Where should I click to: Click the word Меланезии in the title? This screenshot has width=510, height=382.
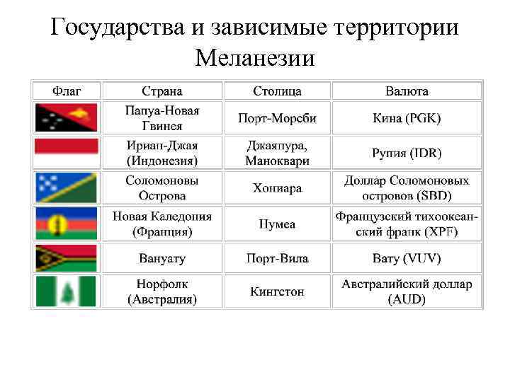pos(254,57)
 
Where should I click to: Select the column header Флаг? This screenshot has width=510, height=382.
pos(67,91)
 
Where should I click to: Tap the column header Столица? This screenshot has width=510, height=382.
pos(277,91)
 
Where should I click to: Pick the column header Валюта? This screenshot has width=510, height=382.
pos(407,91)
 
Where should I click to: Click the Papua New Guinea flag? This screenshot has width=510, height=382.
pos(67,118)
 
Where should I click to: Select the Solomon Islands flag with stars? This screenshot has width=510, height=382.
pos(67,187)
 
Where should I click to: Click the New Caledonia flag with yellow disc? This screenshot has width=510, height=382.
pos(67,224)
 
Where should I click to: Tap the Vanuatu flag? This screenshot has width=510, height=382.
pos(67,258)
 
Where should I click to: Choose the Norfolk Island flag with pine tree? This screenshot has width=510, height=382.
pos(67,291)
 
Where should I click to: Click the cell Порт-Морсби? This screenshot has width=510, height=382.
pos(277,118)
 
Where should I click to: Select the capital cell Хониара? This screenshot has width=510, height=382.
pos(277,188)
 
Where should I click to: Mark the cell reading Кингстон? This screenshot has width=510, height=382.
pos(277,291)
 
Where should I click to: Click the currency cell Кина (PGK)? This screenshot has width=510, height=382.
pos(407,118)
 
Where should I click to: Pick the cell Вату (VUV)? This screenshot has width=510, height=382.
pos(407,258)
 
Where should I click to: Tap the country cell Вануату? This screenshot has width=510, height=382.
pos(162,258)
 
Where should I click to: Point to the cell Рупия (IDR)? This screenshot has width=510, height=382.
pos(407,153)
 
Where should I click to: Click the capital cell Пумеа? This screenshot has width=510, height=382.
pos(277,224)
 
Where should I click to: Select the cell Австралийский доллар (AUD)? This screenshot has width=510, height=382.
pos(407,291)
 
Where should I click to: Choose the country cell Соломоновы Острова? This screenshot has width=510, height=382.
pos(162,188)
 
